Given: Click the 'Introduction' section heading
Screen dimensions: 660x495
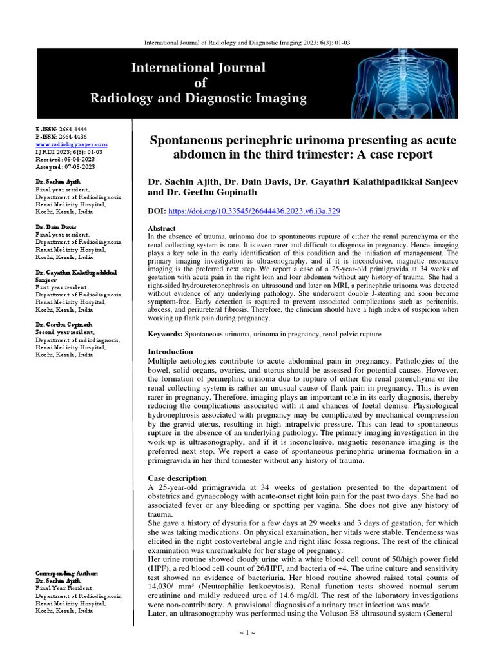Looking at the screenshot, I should [171, 352].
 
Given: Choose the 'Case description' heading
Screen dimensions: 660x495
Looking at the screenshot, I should [178, 479].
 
